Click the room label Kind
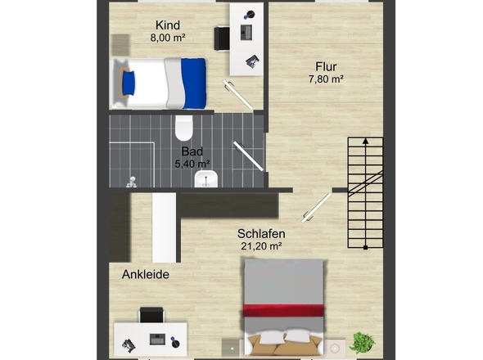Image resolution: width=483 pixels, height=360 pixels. click(168, 25)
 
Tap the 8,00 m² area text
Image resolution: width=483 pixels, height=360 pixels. click(168, 38)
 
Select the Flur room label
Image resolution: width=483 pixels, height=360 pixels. click(326, 66)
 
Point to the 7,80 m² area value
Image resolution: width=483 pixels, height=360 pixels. click(326, 79)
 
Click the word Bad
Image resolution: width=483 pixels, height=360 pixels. click(192, 151)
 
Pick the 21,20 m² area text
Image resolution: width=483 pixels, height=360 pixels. click(261, 246)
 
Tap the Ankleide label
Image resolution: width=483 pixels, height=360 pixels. click(146, 274)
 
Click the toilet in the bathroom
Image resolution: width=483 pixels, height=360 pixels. click(184, 128)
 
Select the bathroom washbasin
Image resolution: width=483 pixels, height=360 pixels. click(206, 179)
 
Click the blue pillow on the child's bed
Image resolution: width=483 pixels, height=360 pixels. click(129, 83)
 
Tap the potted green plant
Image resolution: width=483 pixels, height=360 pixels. click(362, 343)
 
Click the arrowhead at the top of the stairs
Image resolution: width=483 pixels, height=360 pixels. click(365, 141)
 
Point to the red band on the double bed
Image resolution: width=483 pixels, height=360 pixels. click(283, 310)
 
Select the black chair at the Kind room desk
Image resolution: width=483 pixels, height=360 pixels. click(222, 38)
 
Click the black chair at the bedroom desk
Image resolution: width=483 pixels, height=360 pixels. click(151, 314)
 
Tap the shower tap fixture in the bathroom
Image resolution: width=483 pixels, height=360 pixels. click(132, 182)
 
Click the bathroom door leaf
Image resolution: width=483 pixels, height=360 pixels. click(248, 155)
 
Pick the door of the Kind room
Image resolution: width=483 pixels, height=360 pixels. click(237, 95)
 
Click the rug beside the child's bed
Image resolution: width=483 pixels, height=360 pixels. click(120, 45)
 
